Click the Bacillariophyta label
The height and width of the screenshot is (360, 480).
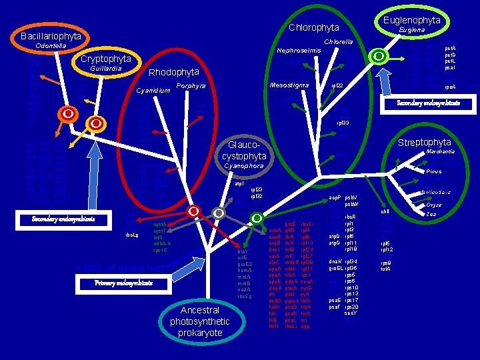tap(51, 35)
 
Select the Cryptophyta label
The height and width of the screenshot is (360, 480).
tap(105, 59)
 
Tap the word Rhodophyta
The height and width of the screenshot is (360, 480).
tap(173, 72)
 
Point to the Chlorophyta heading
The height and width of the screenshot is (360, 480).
tap(314, 27)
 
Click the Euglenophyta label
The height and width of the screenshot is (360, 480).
tap(411, 21)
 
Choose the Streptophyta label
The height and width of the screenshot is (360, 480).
tap(424, 143)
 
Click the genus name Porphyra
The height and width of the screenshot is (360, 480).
tap(191, 86)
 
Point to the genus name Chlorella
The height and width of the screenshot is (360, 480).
tap(338, 41)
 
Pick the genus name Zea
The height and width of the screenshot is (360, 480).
tap(431, 214)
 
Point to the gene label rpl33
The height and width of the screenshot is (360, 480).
tap(343, 123)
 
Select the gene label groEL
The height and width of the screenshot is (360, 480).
tap(335, 268)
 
